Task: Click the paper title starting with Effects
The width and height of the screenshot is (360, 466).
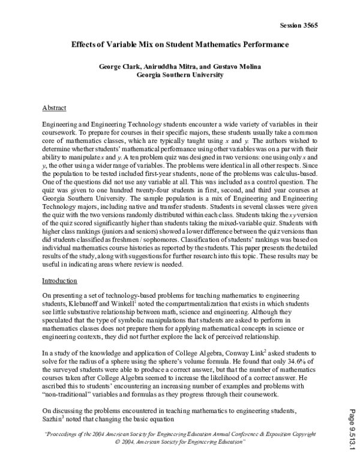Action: click(180, 44)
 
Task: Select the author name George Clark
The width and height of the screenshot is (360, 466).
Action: click(119, 66)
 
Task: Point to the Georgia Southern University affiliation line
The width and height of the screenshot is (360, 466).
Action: click(180, 75)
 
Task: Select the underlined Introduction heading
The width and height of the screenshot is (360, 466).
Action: click(59, 280)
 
